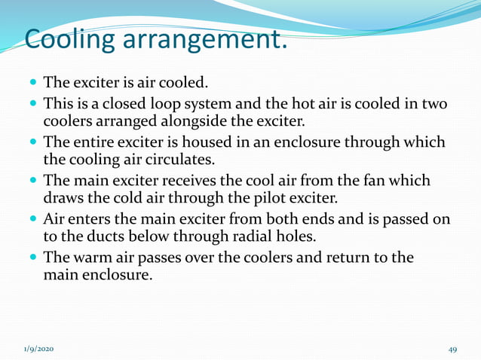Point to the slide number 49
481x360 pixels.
click(x=453, y=349)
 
